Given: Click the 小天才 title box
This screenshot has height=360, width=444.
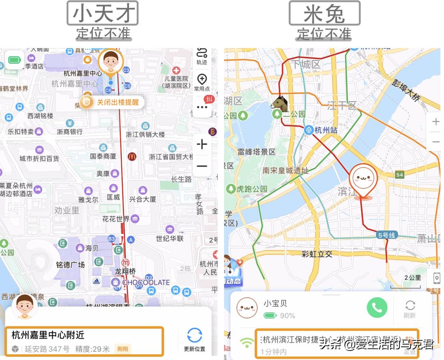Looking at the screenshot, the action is coord(103,13).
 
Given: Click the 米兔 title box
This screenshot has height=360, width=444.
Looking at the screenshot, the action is coord(324,13).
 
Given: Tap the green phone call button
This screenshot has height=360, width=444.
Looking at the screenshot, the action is coord(377,308).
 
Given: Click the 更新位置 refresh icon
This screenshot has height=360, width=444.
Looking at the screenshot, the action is coord(194,336).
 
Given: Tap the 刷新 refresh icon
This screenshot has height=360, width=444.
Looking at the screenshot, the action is coord(410,305).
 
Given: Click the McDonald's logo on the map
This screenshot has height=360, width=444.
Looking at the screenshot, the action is coord(132,156).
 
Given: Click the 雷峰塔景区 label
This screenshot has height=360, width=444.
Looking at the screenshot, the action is coord(256,152).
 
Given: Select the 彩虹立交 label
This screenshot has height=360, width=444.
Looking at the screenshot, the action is coord(317,254).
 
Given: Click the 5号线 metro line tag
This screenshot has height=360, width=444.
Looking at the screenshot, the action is coord(386,235).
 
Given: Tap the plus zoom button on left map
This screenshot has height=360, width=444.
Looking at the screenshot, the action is coord(202,144).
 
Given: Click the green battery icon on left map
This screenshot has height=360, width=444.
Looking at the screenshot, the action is coord(14,60).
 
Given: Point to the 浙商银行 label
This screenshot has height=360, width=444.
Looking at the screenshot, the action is coord(69,132).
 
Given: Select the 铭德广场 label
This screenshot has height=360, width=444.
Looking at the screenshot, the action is coord(70,265).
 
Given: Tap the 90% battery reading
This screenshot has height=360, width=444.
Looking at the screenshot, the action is coord(287,316).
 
